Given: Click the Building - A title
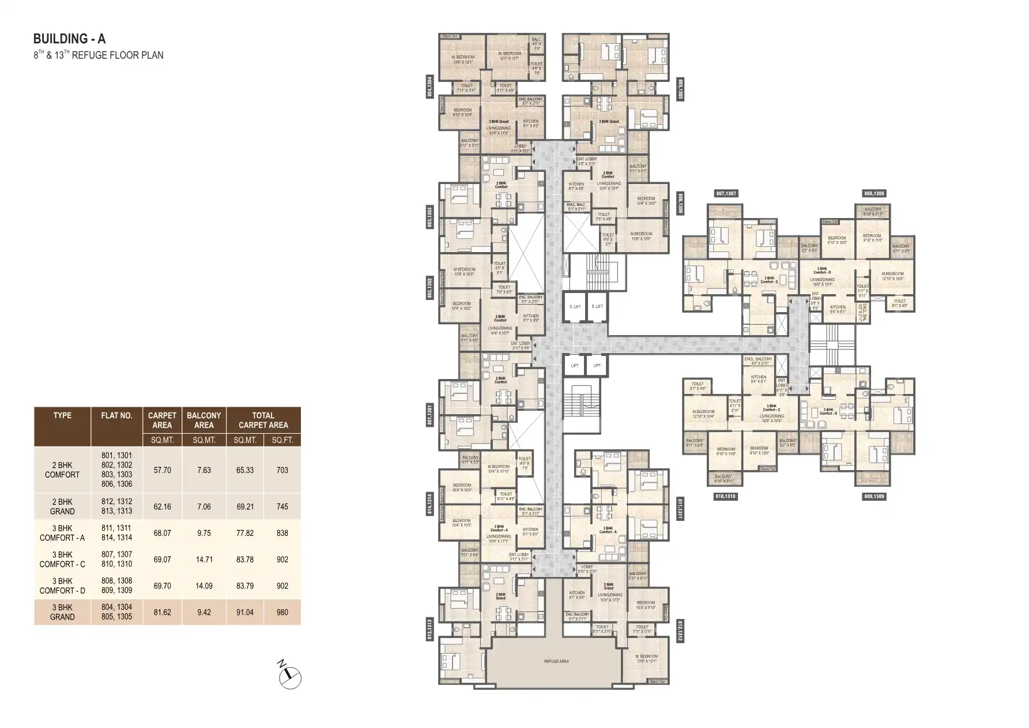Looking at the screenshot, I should click(69, 39).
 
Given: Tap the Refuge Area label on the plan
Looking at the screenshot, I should click(556, 661).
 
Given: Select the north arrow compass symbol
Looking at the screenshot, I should click(290, 677).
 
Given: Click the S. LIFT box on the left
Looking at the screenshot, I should click(575, 307).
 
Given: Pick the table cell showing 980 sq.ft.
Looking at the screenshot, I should click(282, 612).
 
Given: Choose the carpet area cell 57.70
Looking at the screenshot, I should click(162, 470).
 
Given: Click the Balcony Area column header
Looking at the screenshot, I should click(203, 420).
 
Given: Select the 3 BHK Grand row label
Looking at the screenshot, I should click(62, 612).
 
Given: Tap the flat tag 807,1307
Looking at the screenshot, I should click(726, 194).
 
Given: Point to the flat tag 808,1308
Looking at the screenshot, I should click(874, 194).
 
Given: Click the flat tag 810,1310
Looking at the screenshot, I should click(726, 496).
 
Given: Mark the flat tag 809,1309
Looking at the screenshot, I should click(874, 496).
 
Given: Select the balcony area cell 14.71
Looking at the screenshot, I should click(204, 560).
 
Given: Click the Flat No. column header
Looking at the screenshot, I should click(116, 415).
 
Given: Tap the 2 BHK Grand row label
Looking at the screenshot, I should click(62, 506).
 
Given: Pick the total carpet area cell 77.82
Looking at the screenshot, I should click(245, 533).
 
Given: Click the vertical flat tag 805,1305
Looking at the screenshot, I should click(680, 89).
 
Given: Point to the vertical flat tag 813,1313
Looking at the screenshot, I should click(429, 630).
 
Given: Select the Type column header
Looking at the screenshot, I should click(62, 415).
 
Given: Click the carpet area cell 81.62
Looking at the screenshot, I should click(162, 612).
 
